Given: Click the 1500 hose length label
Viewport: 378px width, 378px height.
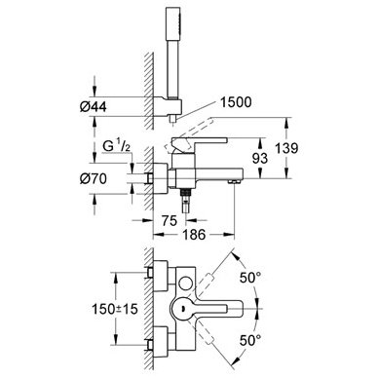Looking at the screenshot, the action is pos(236,102).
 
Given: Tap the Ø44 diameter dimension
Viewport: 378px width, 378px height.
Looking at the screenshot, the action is pos(94,106).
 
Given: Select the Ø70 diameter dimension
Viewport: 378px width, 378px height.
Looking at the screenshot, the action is pos(94,178).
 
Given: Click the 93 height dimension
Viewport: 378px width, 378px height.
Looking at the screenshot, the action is pos(260,158).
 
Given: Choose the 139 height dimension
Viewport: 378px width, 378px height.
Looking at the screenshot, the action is pos(286,148).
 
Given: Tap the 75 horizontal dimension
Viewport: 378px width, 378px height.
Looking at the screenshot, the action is pos(170,221).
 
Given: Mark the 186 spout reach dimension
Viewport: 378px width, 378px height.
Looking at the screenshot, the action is pos(194,234).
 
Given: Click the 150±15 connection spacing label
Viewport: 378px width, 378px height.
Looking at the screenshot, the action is pos(115,309).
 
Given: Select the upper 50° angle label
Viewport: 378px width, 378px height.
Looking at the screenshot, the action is pos(250,278).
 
